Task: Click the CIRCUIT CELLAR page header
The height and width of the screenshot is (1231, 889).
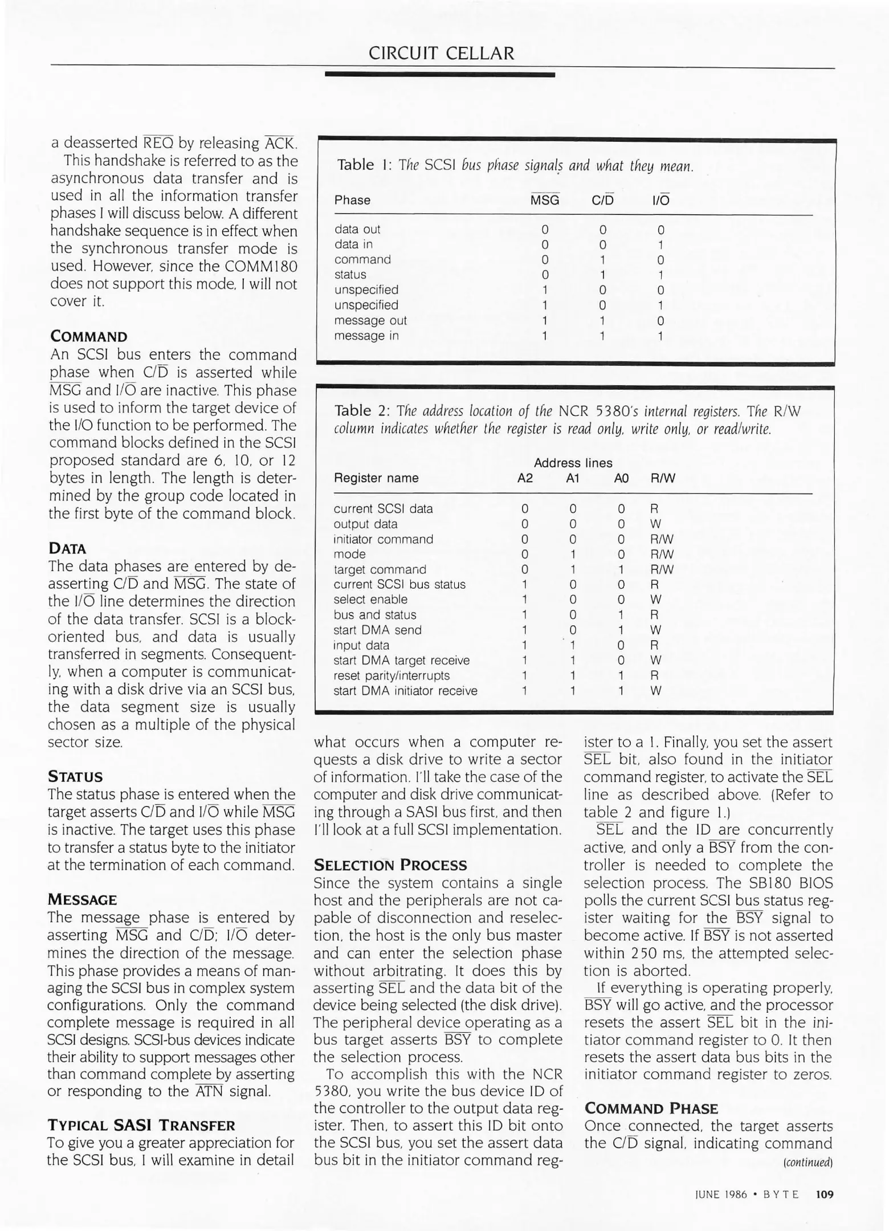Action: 441,53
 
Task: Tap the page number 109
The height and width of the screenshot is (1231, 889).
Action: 825,1194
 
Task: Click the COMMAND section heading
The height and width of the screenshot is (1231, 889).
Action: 88,336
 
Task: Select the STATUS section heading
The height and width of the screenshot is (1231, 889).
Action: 75,777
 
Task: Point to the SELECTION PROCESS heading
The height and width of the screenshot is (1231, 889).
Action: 390,865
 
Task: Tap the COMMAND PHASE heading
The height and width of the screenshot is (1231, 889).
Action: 651,1108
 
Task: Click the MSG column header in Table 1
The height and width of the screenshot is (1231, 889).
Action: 545,200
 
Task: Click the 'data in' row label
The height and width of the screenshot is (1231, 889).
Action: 353,244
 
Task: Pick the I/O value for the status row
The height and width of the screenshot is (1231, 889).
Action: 660,275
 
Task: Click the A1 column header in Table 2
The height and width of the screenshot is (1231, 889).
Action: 573,478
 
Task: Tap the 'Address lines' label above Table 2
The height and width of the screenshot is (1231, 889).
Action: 573,463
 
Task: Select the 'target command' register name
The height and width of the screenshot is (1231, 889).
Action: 380,569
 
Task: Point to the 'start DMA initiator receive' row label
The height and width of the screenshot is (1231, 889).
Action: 405,691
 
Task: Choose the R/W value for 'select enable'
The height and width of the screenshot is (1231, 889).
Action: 655,600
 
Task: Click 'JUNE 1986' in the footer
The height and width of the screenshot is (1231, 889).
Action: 721,1195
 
